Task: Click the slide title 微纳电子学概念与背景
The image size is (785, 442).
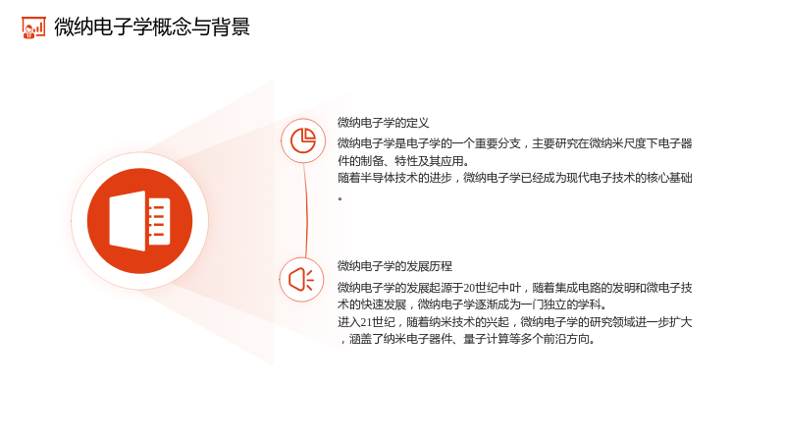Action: coord(152,28)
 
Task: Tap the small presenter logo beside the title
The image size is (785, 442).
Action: coord(33,28)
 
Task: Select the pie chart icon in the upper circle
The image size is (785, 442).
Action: coord(303,140)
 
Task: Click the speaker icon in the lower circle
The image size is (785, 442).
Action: coord(301,279)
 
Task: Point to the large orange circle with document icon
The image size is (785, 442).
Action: coord(139,221)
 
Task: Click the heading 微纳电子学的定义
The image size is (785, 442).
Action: coord(383,123)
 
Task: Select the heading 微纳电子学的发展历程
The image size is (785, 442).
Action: coord(394,266)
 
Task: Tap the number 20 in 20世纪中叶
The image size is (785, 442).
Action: coord(469,288)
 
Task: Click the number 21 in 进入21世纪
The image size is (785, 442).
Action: coord(366,322)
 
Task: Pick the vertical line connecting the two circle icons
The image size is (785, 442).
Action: coord(305,210)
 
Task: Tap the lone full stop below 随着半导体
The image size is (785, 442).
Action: coord(340,199)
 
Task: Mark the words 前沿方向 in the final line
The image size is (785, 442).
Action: coord(567,339)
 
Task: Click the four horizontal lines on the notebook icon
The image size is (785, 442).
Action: coord(157,221)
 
